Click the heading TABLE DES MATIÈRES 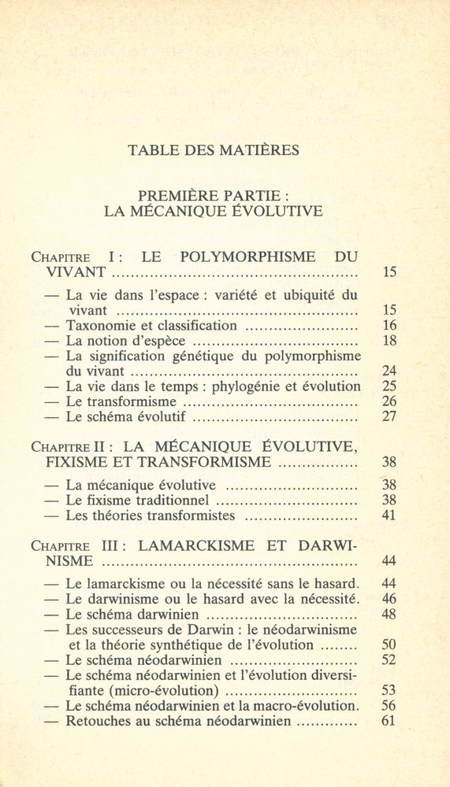click(x=214, y=150)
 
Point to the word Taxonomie click(x=99, y=325)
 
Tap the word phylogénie click(x=255, y=386)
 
